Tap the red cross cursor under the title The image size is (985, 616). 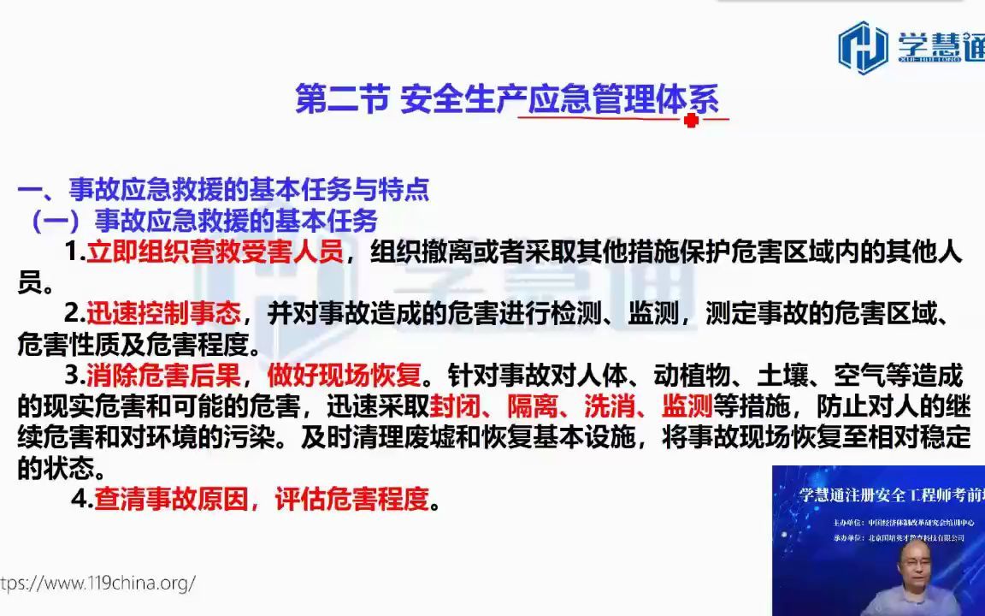692,121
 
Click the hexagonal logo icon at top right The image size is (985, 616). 862,47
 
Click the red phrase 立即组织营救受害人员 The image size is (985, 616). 215,253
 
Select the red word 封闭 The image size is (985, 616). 452,406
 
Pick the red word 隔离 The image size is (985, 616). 530,406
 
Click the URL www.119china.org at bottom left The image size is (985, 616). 97,583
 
